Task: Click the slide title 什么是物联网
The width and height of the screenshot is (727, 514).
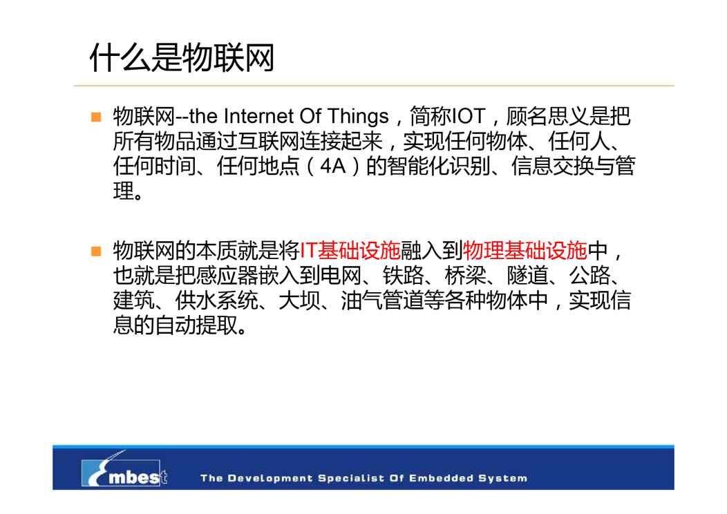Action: pyautogui.click(x=182, y=58)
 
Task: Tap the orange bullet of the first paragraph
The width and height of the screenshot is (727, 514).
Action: pyautogui.click(x=97, y=117)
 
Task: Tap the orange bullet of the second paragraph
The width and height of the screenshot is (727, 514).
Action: pyautogui.click(x=97, y=251)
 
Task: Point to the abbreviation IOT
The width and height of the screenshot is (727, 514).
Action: pyautogui.click(x=469, y=116)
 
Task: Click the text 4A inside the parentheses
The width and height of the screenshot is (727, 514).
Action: pyautogui.click(x=333, y=166)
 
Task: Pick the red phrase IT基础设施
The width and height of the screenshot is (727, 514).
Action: pyautogui.click(x=350, y=251)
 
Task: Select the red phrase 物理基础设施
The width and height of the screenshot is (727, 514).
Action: pyautogui.click(x=525, y=251)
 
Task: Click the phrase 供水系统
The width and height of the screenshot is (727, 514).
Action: pyautogui.click(x=216, y=301)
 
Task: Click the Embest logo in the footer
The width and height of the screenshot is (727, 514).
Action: pyautogui.click(x=124, y=470)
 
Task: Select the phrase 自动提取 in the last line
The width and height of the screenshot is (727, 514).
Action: pyautogui.click(x=196, y=326)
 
